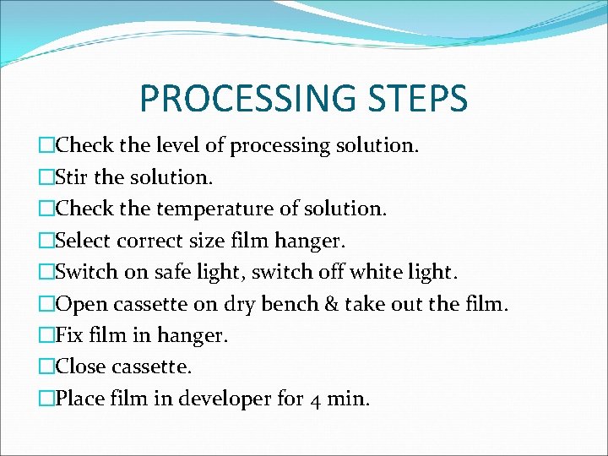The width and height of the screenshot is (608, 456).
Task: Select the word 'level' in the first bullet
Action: point(178,146)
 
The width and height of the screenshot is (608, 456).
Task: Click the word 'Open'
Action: point(79,304)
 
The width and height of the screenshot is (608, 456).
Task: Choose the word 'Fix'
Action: point(68,336)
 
